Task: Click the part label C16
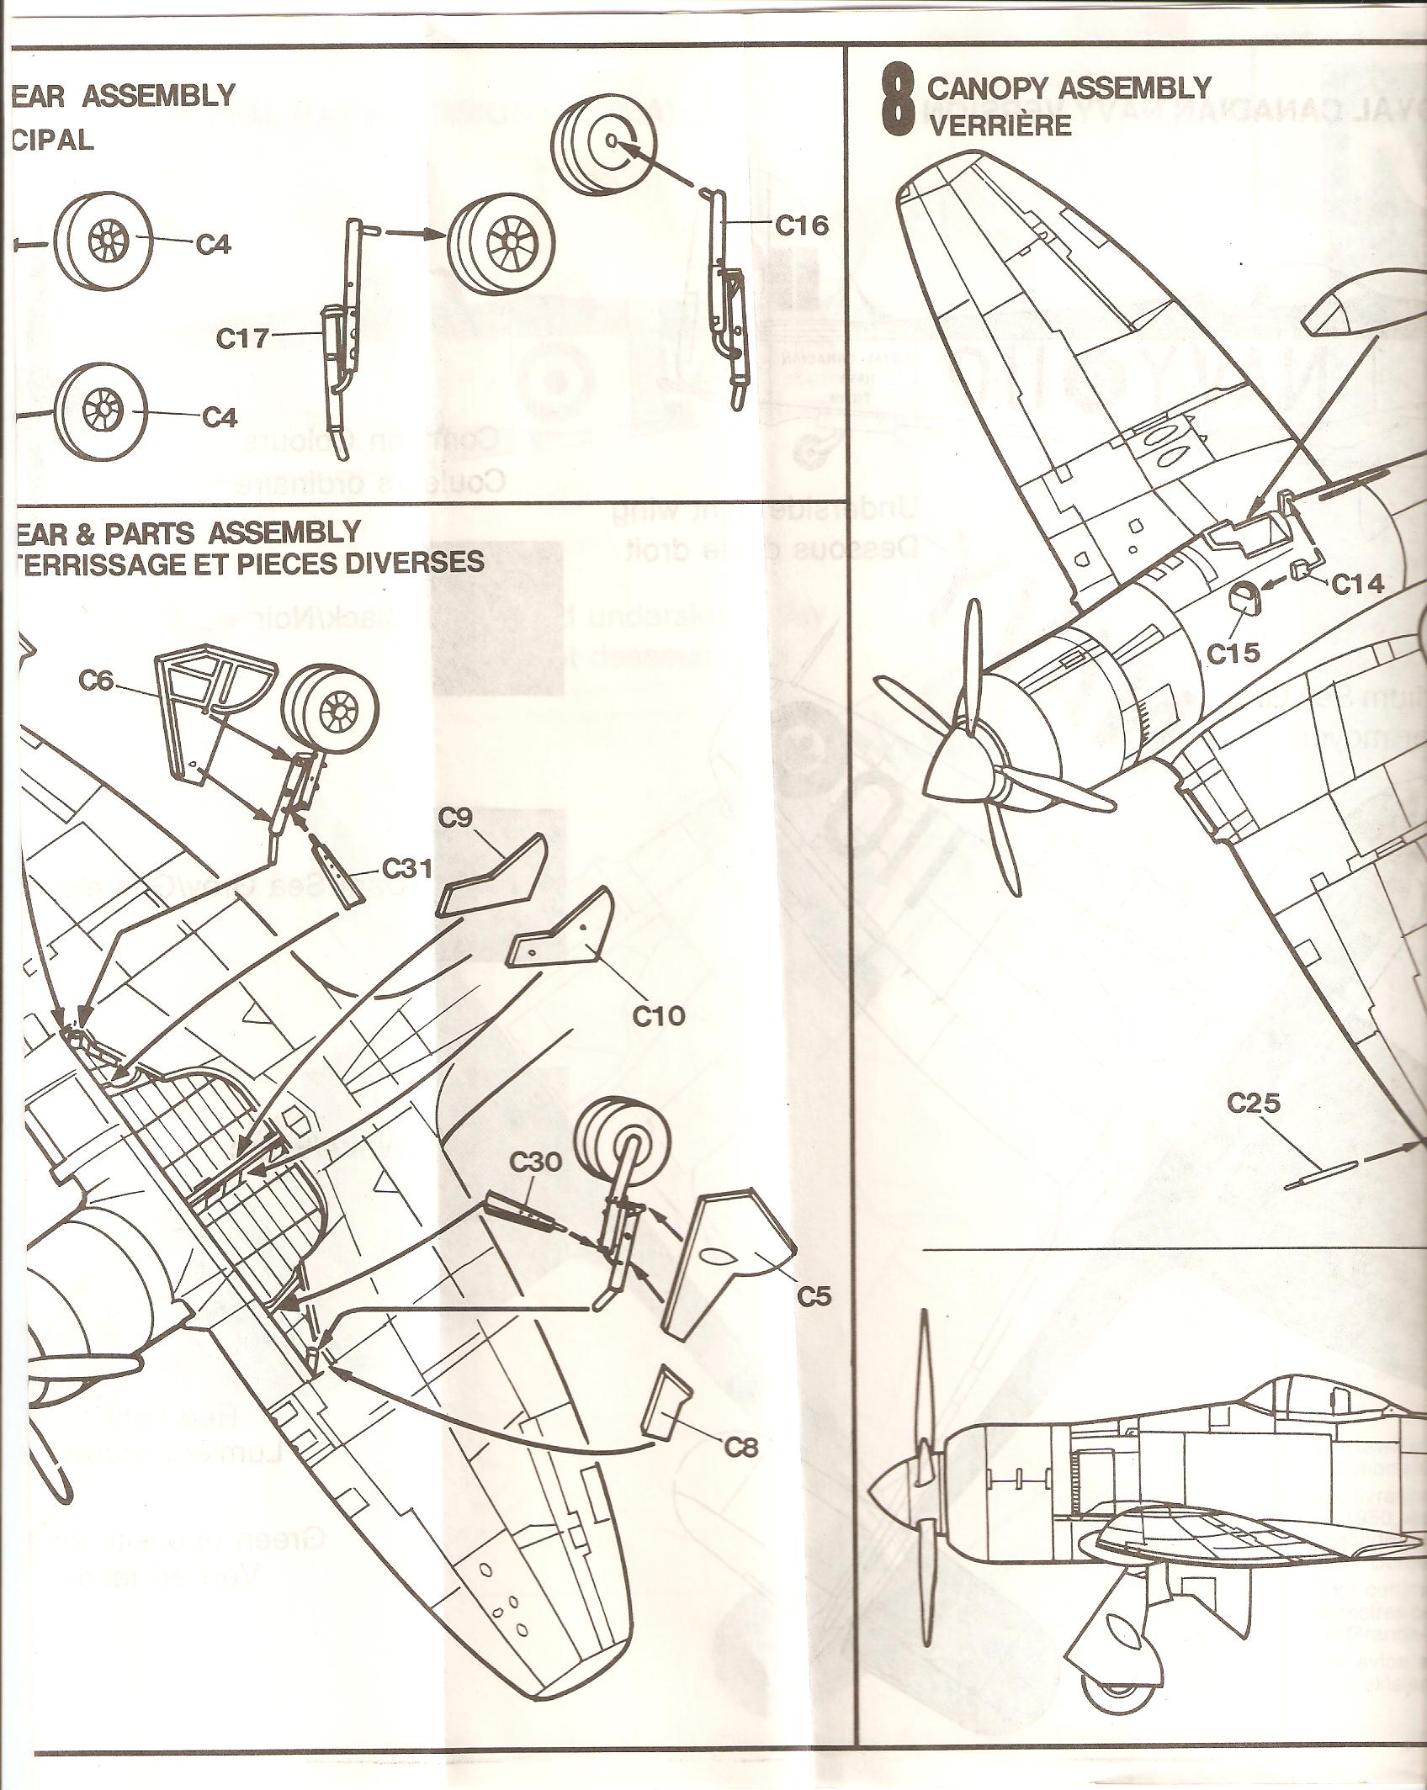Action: click(801, 225)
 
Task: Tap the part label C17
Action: click(241, 339)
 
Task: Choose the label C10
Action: click(659, 1016)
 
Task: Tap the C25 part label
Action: click(1254, 1102)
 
